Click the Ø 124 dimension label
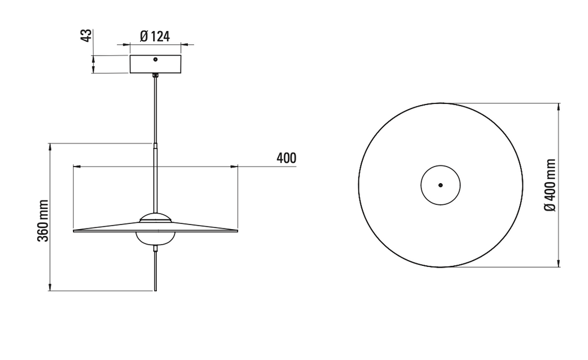tap(155, 36)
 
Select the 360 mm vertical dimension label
tap(43, 221)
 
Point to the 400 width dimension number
tap(287, 158)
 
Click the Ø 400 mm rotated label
tap(550, 185)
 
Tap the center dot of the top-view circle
tap(440, 185)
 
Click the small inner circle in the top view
tap(440, 165)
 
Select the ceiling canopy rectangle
tap(156, 64)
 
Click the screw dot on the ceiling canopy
tap(155, 59)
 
